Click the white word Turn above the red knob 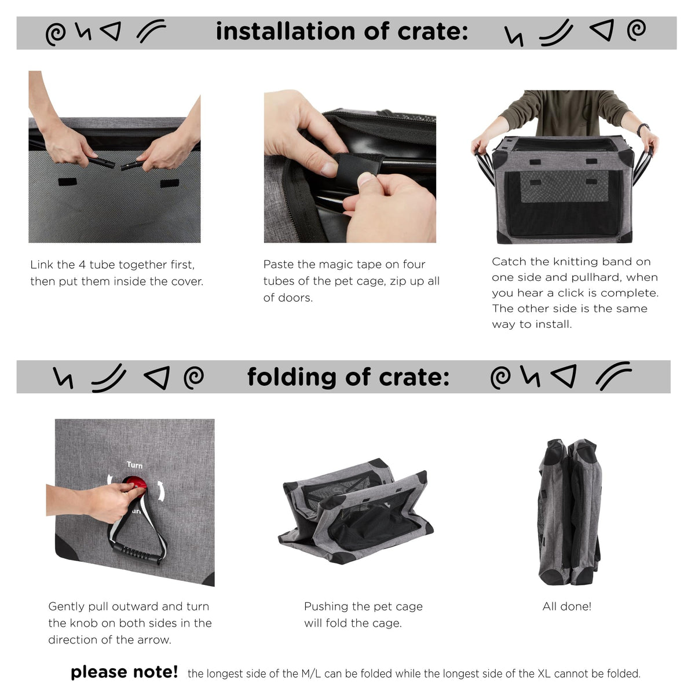134,465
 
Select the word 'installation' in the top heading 286,31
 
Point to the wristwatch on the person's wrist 643,129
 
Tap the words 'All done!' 566,606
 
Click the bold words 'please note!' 124,672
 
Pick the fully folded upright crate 569,512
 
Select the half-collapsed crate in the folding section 355,511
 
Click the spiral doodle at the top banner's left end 56,34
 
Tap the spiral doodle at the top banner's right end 636,30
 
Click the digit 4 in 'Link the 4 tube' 82,265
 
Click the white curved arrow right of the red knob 160,491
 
